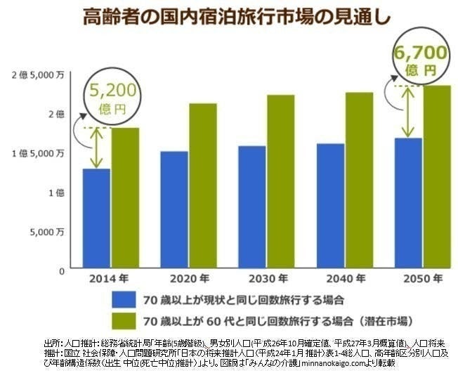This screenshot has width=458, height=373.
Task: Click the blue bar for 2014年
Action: [97, 218]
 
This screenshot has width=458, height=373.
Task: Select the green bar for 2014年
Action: [124, 198]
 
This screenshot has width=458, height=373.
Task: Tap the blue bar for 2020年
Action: [175, 210]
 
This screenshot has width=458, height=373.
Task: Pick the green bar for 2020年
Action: [202, 186]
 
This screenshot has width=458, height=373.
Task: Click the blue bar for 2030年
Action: [252, 207]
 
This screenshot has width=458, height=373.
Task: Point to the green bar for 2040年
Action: [359, 181]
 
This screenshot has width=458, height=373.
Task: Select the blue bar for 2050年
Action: [409, 204]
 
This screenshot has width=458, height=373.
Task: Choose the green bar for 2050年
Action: [437, 177]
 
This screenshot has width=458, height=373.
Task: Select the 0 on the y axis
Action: [62, 270]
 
